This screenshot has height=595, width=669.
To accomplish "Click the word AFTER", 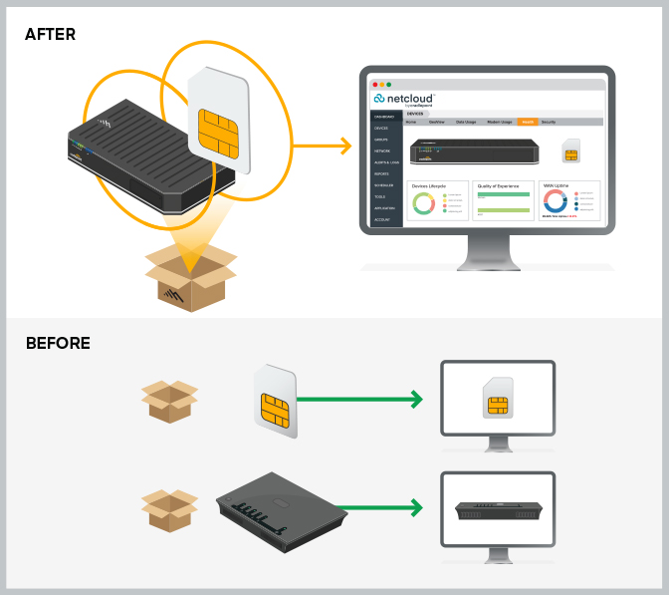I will (50, 35).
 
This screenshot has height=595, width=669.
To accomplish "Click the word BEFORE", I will (58, 344).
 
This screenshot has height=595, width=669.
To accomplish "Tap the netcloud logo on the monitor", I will (402, 100).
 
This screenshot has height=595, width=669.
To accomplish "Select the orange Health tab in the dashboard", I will (528, 122).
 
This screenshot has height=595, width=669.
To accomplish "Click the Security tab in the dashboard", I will (549, 122).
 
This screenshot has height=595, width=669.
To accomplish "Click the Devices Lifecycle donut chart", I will (423, 203).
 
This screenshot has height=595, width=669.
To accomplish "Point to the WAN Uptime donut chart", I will (554, 203).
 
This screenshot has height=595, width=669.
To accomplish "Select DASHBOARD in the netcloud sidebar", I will (383, 118).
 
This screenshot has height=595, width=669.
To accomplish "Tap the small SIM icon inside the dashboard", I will (571, 152).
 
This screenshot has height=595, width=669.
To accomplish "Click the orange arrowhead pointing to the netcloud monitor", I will (344, 148).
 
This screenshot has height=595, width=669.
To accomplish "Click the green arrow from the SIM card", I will (358, 401).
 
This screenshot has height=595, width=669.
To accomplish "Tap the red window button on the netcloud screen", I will (375, 85).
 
